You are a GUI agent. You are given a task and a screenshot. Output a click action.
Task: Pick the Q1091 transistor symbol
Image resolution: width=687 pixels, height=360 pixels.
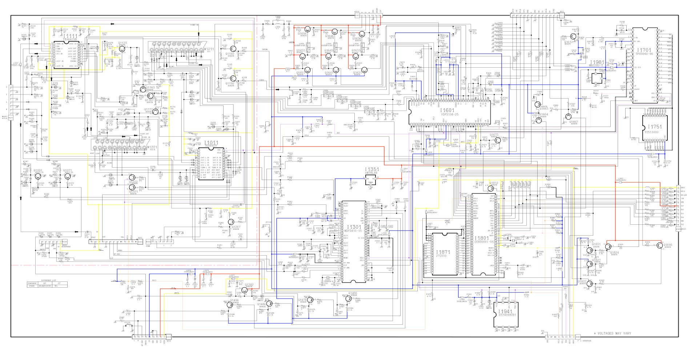[38, 176]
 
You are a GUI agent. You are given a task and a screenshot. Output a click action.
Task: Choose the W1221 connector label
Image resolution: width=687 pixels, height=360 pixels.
[152, 148]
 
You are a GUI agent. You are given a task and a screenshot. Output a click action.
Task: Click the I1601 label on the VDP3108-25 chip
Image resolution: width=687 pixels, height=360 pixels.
[447, 110]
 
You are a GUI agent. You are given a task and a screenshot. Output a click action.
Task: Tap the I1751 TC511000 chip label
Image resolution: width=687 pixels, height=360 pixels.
[655, 127]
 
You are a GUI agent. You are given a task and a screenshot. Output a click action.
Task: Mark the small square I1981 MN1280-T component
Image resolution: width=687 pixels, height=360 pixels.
[596, 78]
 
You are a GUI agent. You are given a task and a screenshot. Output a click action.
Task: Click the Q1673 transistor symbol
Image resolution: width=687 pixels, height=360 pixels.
[498, 140]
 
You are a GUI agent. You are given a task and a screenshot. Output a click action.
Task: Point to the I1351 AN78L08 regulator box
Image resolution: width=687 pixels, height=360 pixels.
[370, 180]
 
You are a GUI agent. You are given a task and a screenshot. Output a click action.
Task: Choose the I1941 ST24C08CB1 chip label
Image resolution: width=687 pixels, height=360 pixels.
[505, 312]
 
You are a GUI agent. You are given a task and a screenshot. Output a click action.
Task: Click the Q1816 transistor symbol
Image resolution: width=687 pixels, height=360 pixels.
[659, 245]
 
